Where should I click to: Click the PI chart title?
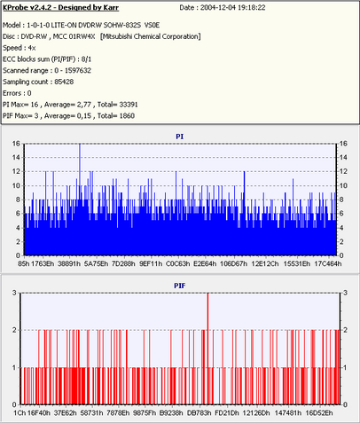179,137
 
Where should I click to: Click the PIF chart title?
179,286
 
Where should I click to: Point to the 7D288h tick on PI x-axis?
123,263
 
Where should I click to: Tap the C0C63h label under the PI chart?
177,263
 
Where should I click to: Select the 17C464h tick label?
327,263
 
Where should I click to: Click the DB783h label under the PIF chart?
200,412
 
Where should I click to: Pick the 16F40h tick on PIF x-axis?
39,412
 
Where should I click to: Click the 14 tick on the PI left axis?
16,158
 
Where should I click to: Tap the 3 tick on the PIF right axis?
345,293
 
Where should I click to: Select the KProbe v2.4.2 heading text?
29,8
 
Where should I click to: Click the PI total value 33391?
128,105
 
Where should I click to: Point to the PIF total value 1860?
127,116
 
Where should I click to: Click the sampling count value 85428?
64,82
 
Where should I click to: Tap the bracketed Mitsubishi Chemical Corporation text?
151,36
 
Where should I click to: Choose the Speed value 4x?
32,48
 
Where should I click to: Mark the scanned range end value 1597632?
78,71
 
